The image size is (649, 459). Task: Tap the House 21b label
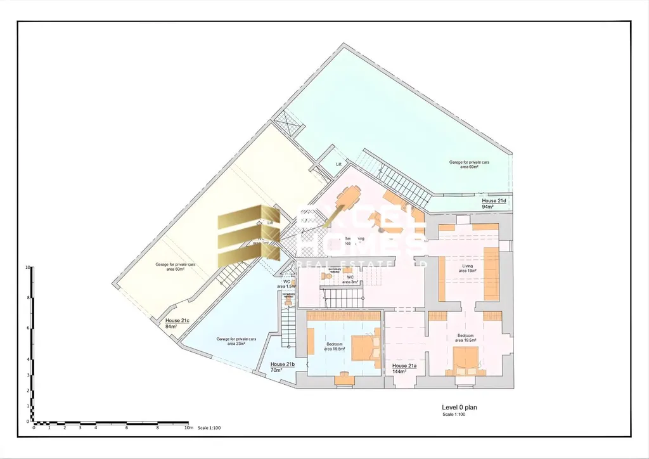point(282,365)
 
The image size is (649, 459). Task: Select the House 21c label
point(177,321)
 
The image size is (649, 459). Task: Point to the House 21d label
point(494,201)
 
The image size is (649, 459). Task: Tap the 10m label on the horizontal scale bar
point(188,428)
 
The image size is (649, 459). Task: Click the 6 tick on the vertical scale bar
point(28,328)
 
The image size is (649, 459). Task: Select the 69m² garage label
point(469,165)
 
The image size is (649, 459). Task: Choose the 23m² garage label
point(236,341)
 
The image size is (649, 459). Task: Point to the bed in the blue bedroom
point(363,347)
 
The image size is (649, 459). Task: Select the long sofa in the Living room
point(491,273)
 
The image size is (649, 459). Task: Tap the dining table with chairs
point(348,199)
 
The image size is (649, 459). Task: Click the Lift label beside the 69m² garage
point(338,164)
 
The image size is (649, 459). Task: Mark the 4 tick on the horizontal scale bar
point(95,428)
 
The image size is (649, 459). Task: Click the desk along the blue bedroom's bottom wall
point(344,375)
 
